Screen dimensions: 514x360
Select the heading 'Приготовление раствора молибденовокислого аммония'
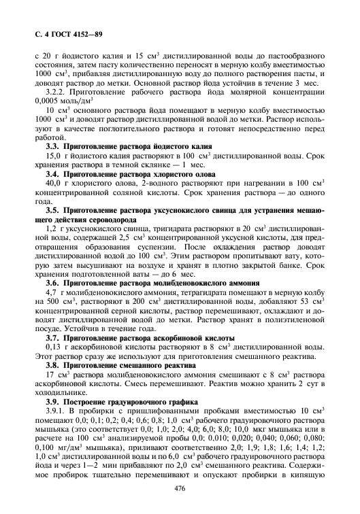pos(158,282)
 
